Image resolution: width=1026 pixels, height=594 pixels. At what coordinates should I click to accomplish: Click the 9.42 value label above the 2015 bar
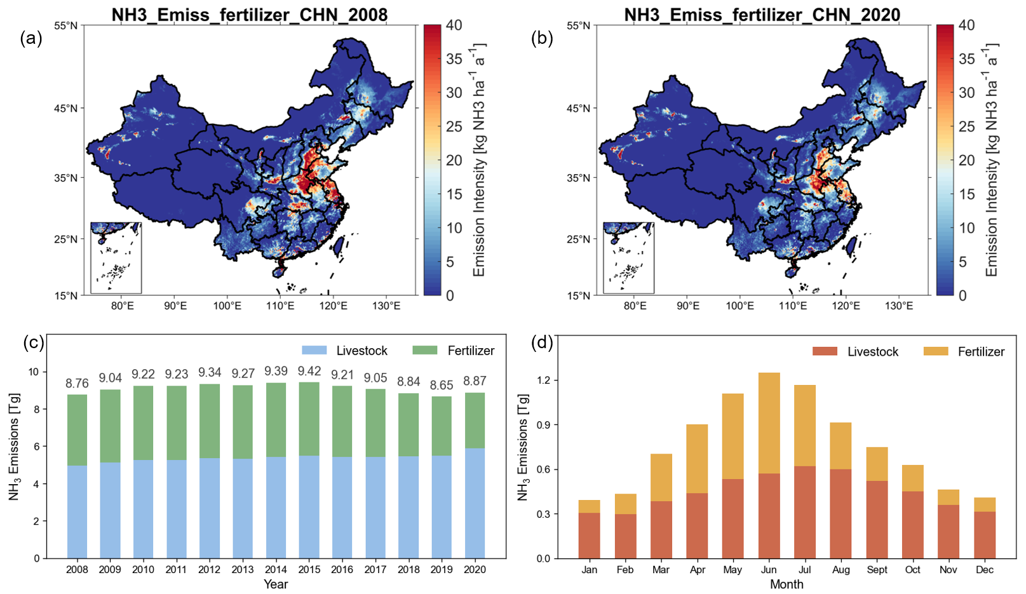point(309,371)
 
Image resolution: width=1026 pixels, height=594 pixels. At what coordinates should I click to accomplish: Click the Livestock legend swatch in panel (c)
point(314,351)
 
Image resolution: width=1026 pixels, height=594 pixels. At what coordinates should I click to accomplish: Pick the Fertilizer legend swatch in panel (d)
point(935,351)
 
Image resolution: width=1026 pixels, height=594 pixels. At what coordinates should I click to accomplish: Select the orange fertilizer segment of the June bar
point(769,422)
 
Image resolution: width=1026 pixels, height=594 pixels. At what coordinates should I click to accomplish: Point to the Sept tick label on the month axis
point(877,570)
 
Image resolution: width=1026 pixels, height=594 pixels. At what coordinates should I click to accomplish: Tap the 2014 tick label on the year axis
point(276,570)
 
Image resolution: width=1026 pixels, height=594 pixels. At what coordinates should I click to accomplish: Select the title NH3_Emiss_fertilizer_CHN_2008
point(249,14)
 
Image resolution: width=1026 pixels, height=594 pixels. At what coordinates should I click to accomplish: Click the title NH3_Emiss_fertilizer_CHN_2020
point(762,14)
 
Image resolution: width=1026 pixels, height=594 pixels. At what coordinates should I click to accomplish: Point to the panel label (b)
point(542,39)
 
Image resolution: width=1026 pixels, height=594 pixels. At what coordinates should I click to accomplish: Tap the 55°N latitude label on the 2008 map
point(65,26)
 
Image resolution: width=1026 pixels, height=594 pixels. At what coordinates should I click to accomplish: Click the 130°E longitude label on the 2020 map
point(899,306)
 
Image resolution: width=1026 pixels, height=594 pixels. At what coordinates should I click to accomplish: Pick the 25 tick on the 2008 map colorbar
point(454,126)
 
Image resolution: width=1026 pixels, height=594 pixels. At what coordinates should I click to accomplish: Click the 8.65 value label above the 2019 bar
point(442,386)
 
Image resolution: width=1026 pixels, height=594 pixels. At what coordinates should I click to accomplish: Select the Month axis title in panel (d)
point(786,584)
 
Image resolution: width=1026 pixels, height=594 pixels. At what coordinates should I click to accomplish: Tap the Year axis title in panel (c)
point(276,584)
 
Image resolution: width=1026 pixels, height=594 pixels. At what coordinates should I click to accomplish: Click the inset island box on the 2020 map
point(628,258)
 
